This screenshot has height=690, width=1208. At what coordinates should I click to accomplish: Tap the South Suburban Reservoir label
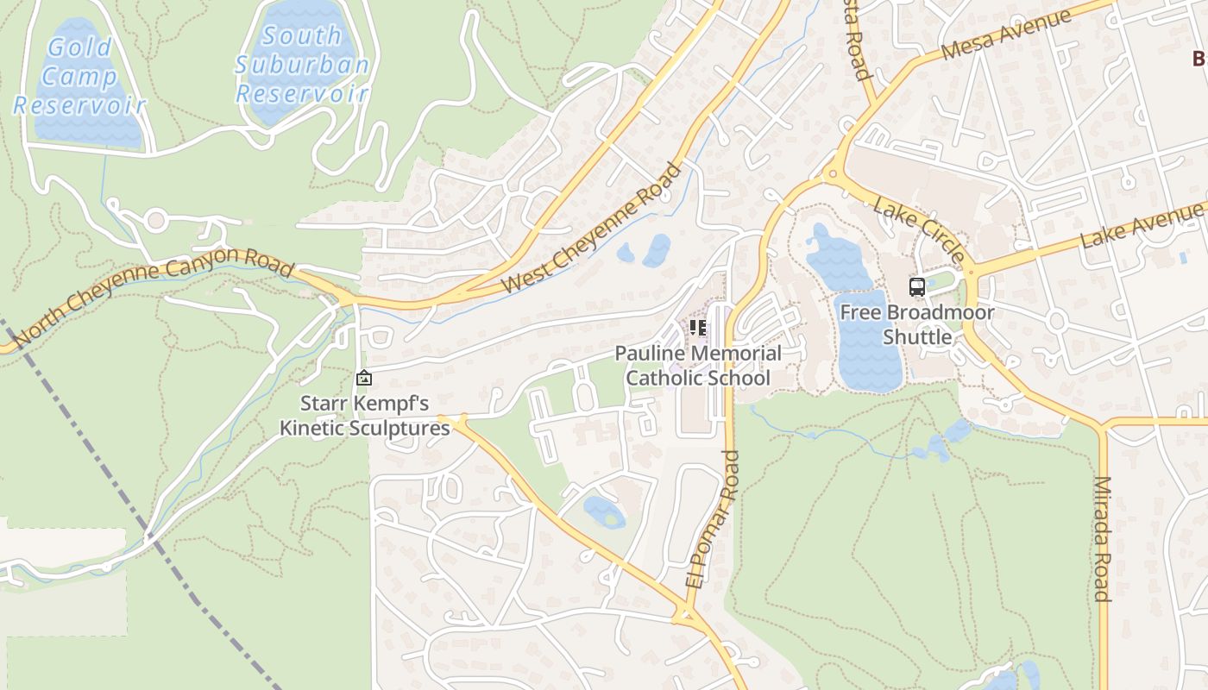click(x=301, y=64)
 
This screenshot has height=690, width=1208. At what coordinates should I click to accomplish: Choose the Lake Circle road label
click(x=920, y=229)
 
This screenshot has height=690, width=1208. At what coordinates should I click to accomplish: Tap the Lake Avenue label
click(x=1143, y=224)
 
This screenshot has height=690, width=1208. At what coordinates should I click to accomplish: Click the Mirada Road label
click(x=1102, y=538)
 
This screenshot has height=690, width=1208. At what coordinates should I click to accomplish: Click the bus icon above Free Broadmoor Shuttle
click(x=916, y=287)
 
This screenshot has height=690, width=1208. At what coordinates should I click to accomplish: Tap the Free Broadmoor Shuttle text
click(x=916, y=324)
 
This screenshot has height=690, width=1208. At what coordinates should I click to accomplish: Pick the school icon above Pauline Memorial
click(x=697, y=328)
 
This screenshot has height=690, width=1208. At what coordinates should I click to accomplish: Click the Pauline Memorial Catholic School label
click(x=697, y=366)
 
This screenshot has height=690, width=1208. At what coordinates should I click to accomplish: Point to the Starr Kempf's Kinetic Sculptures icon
click(x=364, y=378)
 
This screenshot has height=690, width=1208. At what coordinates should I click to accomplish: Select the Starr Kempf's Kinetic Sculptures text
click(x=364, y=415)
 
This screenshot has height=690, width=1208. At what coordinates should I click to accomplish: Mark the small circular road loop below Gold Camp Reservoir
click(x=155, y=220)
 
